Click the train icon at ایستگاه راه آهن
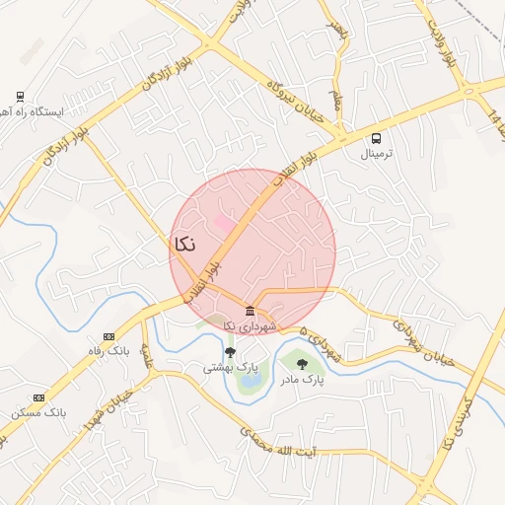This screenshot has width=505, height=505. coord(20,96)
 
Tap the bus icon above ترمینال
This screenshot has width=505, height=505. coord(377,139)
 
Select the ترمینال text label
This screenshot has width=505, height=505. coord(377,155)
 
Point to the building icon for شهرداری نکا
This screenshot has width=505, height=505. coord(251,312)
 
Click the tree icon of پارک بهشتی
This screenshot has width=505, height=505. coord(230,351)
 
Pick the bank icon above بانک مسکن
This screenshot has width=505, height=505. coord(38,397)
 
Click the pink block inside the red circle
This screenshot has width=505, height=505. coord(226,225)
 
